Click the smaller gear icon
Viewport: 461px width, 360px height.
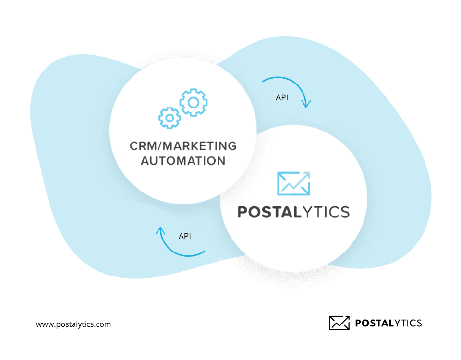pyautogui.click(x=169, y=117)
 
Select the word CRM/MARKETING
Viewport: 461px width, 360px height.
pyautogui.click(x=182, y=145)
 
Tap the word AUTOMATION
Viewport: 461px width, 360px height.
pyautogui.click(x=182, y=160)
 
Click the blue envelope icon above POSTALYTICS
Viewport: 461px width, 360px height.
pyautogui.click(x=293, y=183)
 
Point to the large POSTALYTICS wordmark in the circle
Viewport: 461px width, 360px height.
pyautogui.click(x=293, y=212)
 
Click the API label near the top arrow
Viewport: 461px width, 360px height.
pyautogui.click(x=282, y=97)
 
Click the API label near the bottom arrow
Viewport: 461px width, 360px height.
pyautogui.click(x=185, y=236)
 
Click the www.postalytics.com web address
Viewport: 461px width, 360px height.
pyautogui.click(x=73, y=324)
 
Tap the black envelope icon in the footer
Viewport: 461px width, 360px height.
pyautogui.click(x=339, y=323)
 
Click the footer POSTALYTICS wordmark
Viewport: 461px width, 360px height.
pyautogui.click(x=388, y=323)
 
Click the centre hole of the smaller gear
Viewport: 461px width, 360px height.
pyautogui.click(x=169, y=117)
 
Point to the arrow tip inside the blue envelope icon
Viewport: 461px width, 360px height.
pyautogui.click(x=308, y=174)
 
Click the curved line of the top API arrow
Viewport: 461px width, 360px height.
pyautogui.click(x=288, y=80)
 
